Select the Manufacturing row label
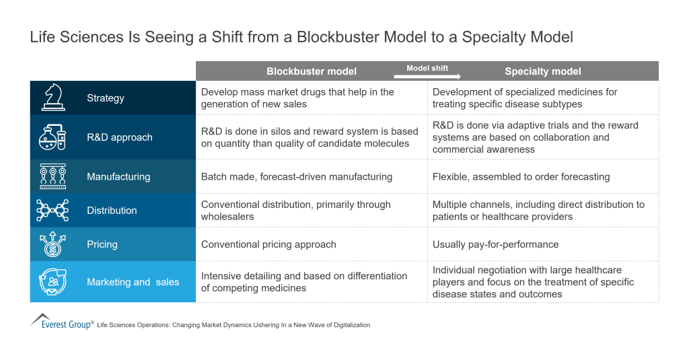tap(118, 177)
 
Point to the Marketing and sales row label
tap(133, 282)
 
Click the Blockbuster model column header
tap(312, 71)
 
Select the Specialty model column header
tap(543, 71)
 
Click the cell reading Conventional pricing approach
tap(268, 244)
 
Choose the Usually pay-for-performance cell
tap(495, 244)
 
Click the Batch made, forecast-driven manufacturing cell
tap(297, 177)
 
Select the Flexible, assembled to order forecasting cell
tap(521, 177)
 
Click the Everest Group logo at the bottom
tap(61, 321)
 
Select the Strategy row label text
tap(106, 98)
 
